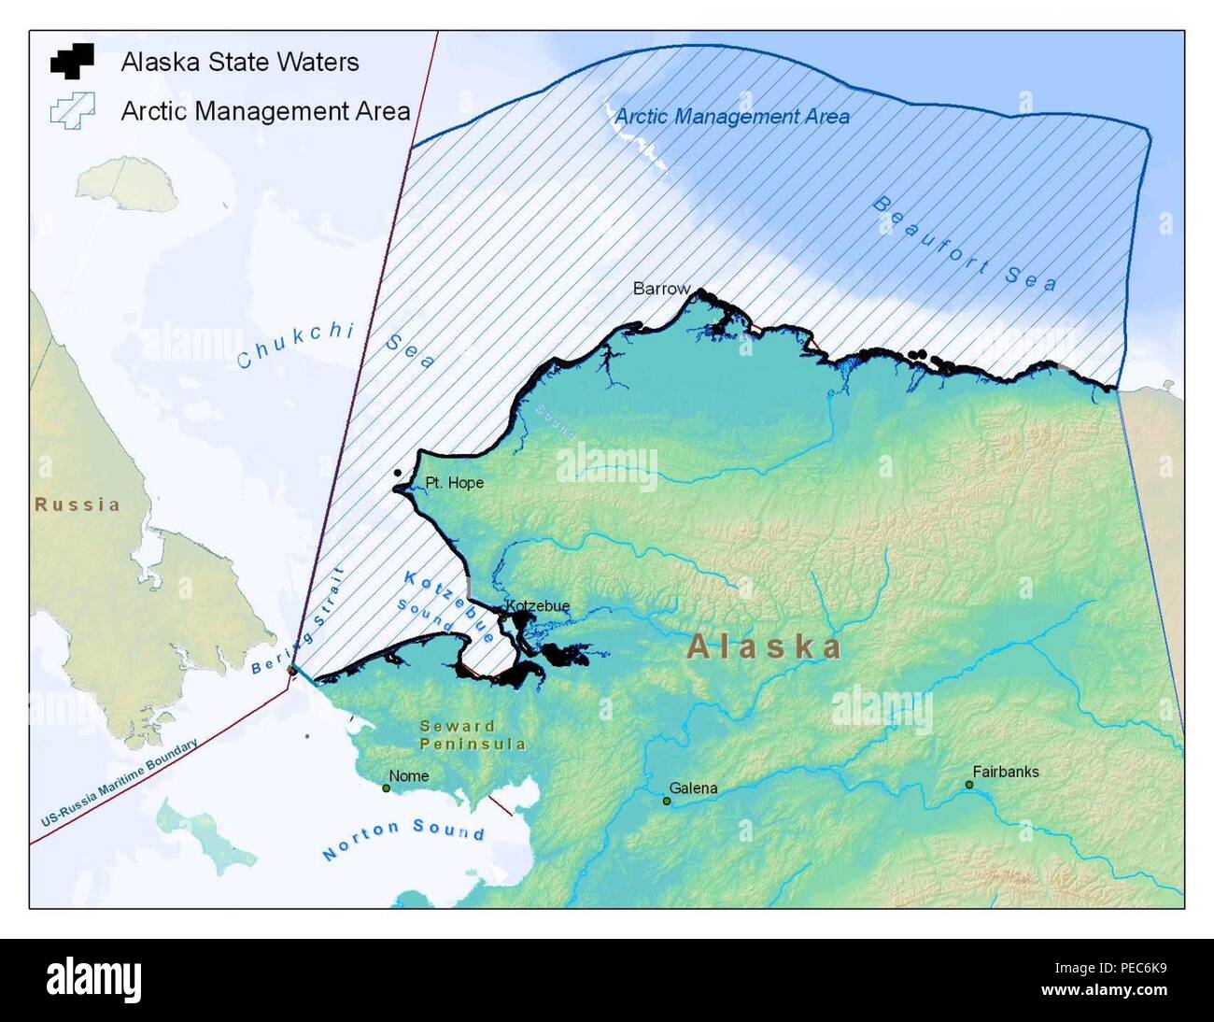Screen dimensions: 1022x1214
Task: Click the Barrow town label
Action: tap(661, 289)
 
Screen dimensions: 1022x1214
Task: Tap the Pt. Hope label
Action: tap(454, 483)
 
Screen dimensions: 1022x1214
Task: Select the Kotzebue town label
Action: tap(537, 605)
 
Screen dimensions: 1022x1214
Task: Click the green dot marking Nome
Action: tap(387, 788)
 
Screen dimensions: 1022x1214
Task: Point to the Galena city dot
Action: tap(667, 802)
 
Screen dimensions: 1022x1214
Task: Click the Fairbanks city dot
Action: tap(969, 785)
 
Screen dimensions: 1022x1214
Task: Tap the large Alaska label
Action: tap(765, 646)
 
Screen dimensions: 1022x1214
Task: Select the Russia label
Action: tap(78, 504)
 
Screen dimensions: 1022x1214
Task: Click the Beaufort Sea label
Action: tap(966, 243)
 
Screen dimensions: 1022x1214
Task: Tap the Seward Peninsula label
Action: tap(472, 735)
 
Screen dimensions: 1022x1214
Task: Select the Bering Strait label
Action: tap(298, 621)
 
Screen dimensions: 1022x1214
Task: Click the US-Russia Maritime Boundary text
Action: tap(119, 783)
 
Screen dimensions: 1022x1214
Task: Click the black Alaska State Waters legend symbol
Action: tap(73, 61)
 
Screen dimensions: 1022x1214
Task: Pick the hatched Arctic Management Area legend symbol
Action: tap(73, 110)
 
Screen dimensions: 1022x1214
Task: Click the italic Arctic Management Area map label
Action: tap(732, 117)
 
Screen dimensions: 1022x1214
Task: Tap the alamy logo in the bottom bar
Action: tap(94, 979)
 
